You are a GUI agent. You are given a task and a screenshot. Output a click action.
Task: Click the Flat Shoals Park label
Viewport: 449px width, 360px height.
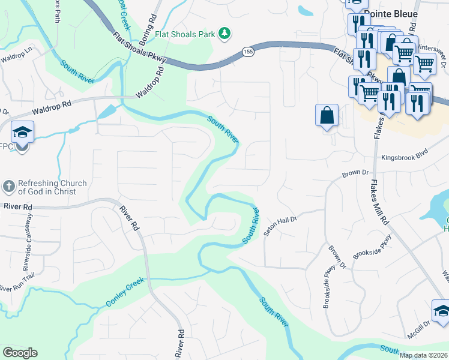[185, 34]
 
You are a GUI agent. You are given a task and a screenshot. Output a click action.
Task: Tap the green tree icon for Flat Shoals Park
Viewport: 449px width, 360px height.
[224, 33]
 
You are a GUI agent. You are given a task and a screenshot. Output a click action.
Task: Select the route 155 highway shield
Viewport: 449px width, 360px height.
[248, 52]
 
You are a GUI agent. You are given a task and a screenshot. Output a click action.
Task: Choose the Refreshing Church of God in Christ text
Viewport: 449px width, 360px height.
[52, 187]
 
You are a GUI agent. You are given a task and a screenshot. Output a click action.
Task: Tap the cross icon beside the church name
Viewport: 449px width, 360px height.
[8, 187]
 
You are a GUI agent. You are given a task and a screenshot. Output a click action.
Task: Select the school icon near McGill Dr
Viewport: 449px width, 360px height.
[441, 311]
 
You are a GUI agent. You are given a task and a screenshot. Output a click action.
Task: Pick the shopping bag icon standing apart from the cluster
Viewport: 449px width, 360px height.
[327, 114]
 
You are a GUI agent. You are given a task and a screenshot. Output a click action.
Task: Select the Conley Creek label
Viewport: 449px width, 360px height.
[125, 292]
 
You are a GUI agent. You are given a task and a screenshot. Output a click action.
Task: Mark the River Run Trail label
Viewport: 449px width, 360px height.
[15, 287]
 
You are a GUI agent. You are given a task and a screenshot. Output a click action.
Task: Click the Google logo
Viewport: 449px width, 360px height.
[19, 353]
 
